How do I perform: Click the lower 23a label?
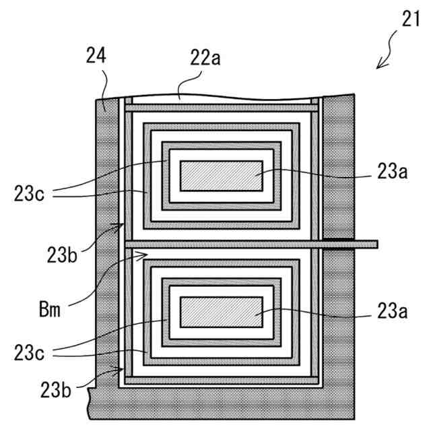point(393,311)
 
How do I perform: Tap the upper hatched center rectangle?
point(221,174)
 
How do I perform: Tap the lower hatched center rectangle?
point(221,312)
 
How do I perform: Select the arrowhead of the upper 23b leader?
point(123,225)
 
